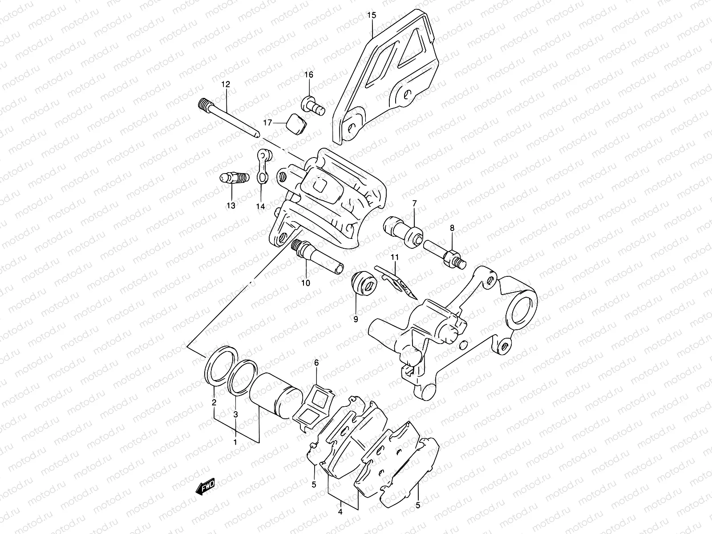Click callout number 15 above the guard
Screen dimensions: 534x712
point(372,16)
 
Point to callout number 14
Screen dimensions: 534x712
point(260,206)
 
